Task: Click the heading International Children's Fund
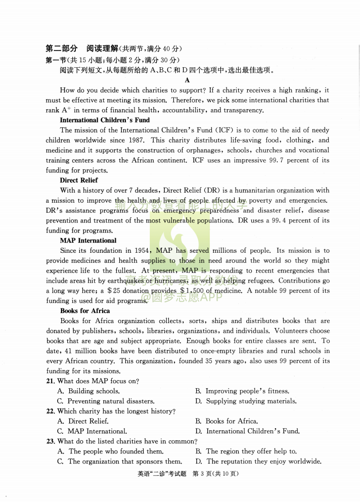click(x=105, y=120)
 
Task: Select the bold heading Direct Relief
click(x=79, y=180)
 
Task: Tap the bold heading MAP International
click(x=88, y=241)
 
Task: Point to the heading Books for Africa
click(x=85, y=311)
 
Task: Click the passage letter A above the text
click(x=187, y=80)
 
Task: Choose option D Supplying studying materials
click(x=246, y=401)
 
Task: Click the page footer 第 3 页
click(x=204, y=474)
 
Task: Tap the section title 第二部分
click(x=62, y=49)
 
